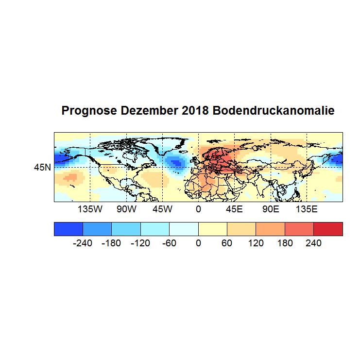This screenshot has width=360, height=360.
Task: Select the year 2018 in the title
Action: click(194, 111)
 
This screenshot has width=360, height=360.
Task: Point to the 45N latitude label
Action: click(42, 168)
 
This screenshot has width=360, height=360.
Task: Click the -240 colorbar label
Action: click(83, 243)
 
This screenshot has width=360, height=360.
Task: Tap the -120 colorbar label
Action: click(140, 243)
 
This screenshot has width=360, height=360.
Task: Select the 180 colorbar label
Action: click(285, 243)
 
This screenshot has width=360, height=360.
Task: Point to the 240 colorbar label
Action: click(313, 243)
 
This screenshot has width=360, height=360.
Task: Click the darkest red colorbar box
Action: click(328, 229)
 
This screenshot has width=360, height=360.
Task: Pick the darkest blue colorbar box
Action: click(69, 229)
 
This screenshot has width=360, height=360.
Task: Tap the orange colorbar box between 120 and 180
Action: click(270, 229)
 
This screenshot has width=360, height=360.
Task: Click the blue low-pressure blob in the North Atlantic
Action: click(176, 162)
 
